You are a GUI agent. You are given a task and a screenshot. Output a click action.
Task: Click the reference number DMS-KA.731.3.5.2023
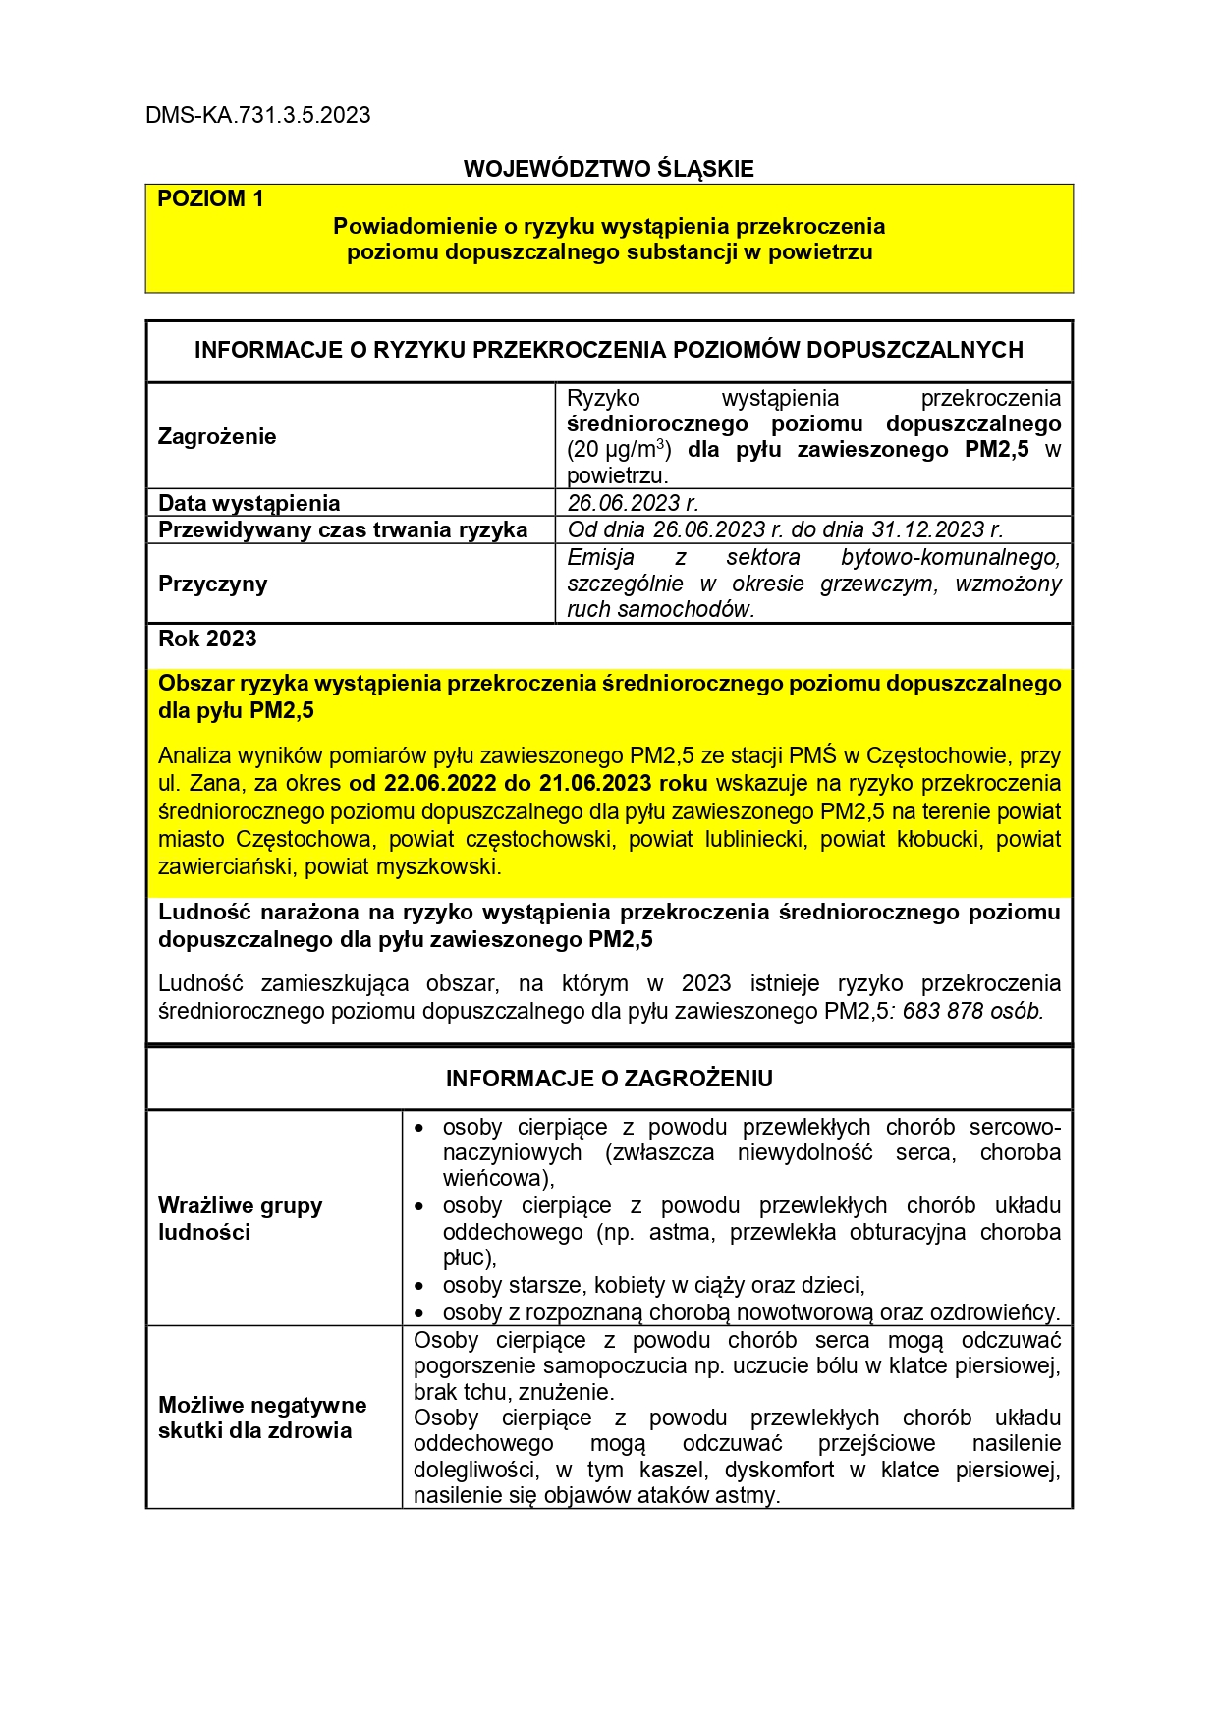(257, 115)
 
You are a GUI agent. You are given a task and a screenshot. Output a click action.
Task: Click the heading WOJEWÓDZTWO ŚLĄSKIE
(608, 169)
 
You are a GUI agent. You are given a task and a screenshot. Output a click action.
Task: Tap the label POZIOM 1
(210, 198)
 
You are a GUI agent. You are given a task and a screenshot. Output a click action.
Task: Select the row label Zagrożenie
(217, 436)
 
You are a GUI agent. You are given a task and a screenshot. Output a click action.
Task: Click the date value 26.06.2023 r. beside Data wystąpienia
(633, 503)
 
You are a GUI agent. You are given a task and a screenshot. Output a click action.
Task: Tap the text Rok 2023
(207, 639)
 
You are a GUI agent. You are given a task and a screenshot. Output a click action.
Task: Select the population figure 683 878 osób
(972, 1011)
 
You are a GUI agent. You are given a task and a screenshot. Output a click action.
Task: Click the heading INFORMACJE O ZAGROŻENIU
(609, 1079)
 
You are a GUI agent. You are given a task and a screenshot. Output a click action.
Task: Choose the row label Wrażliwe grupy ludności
(240, 1218)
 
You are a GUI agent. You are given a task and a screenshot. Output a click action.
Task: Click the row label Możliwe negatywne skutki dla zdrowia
(261, 1418)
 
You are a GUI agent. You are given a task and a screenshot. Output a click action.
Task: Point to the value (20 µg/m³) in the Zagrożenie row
(619, 450)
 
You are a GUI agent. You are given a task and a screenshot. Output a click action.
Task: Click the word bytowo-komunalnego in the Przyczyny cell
(950, 557)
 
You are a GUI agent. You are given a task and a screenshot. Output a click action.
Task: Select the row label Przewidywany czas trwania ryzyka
(343, 529)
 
